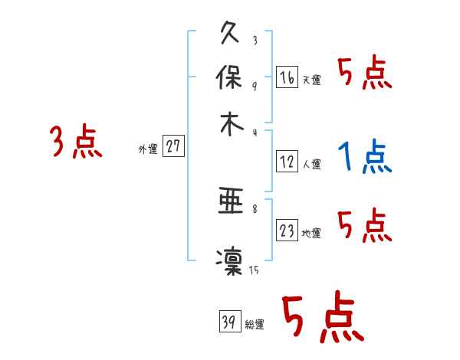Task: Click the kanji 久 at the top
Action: (x=231, y=34)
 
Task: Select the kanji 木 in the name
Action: (x=231, y=124)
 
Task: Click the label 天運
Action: (x=311, y=80)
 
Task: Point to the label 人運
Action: (x=311, y=164)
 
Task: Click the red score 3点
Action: (x=77, y=142)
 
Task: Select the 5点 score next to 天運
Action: (x=364, y=74)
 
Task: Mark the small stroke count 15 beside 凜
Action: (x=253, y=270)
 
